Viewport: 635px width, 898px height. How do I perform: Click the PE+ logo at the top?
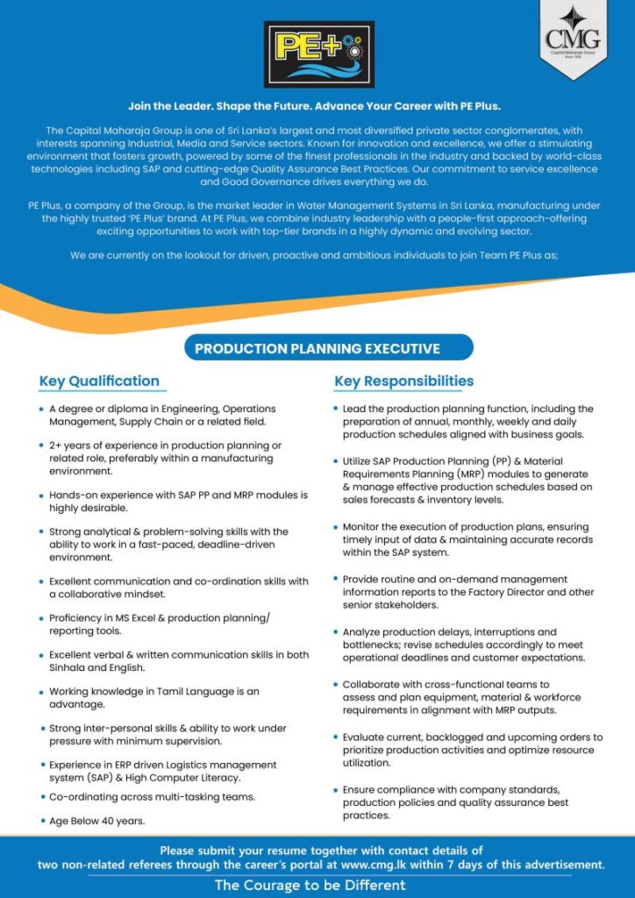(319, 54)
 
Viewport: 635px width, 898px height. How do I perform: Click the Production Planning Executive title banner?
(317, 348)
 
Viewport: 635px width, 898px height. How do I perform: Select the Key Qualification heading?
(99, 381)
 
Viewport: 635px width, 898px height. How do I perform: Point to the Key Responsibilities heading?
(403, 381)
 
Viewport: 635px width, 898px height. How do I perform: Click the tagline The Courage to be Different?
(310, 885)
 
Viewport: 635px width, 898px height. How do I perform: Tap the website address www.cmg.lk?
(377, 865)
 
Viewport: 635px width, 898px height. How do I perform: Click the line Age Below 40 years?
(96, 821)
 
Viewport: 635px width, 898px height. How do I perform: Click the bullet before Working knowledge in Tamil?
(41, 692)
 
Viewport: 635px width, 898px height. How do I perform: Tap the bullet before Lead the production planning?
(335, 410)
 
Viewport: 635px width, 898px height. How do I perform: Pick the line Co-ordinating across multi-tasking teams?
(152, 796)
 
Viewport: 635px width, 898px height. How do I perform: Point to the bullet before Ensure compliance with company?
(335, 790)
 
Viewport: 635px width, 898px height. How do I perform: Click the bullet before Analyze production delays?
(335, 632)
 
